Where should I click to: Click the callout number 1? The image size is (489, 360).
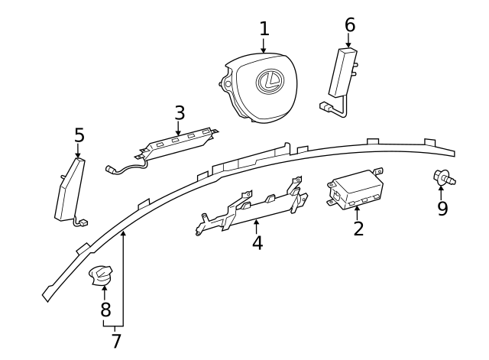point(264,29)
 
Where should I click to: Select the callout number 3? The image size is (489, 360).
point(180,113)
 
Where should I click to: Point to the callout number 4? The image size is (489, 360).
point(257,243)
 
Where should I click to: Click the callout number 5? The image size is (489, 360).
point(79,136)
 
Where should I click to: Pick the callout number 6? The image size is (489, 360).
point(350,24)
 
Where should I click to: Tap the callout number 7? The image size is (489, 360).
point(116,341)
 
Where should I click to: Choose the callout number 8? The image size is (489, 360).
point(105,310)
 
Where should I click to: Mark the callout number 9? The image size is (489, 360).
point(442,209)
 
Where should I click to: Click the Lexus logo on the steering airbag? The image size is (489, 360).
point(270,80)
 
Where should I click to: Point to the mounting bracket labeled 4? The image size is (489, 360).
point(252,208)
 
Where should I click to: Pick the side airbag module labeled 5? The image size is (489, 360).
point(70,191)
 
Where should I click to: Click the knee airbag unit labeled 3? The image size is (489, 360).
point(180,142)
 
